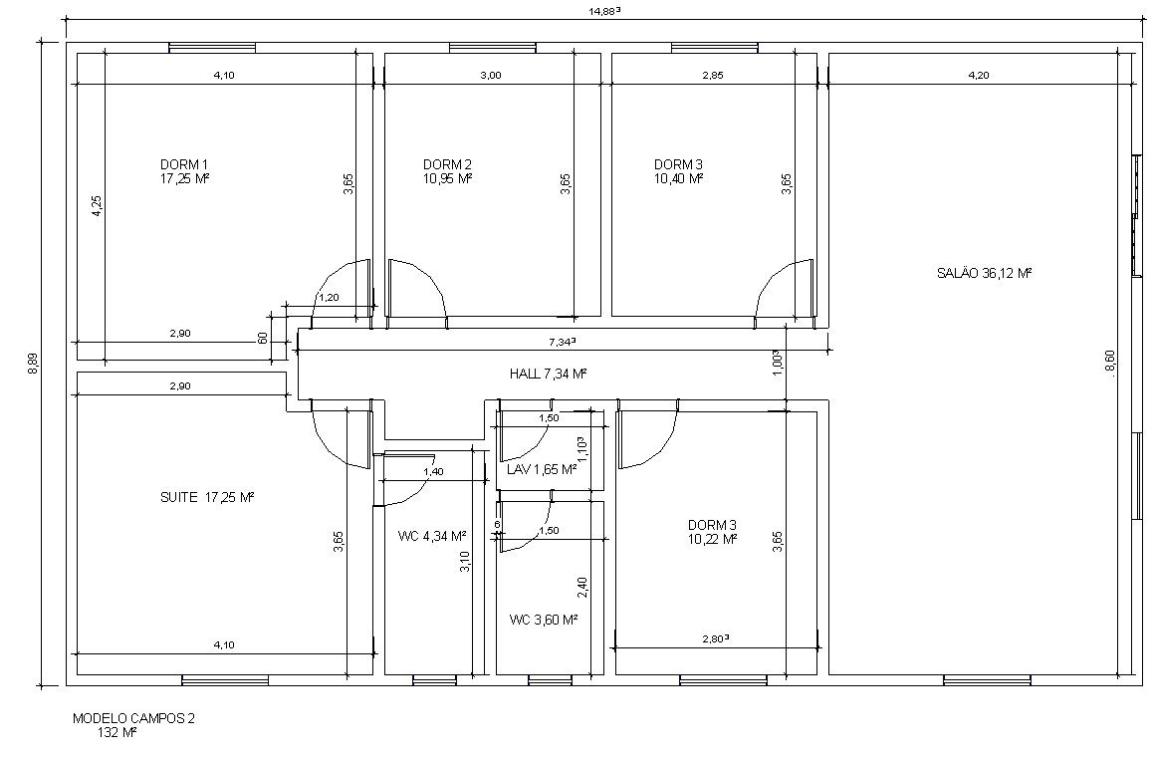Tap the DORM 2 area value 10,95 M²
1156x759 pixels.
coord(447,178)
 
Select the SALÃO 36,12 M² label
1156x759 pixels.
coord(984,273)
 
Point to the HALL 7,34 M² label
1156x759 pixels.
coord(548,374)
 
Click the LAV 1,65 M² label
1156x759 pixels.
coord(542,469)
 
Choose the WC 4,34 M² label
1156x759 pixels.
coord(432,536)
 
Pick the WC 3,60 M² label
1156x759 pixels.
coord(544,620)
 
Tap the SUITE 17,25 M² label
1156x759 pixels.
coord(207,497)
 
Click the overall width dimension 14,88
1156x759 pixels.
coord(604,10)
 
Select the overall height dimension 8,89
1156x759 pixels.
coord(33,365)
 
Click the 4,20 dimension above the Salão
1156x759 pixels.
coord(979,75)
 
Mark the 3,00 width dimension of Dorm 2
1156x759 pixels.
coord(490,75)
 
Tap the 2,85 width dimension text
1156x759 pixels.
coord(713,75)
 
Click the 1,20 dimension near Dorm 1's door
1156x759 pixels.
coord(328,297)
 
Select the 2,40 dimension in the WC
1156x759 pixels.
coord(581,587)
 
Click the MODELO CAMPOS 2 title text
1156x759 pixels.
coord(133,718)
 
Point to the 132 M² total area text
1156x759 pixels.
coord(117,732)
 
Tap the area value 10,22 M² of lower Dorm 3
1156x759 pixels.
coord(713,539)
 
